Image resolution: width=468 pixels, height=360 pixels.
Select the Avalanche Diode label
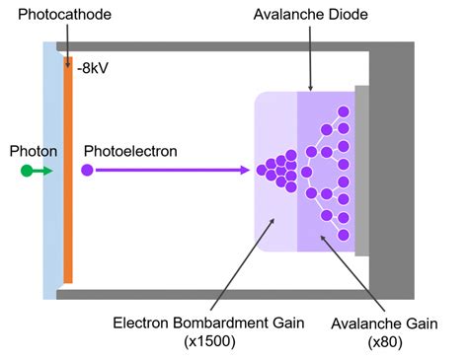click(310, 17)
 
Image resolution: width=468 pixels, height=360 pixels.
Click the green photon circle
click(27, 171)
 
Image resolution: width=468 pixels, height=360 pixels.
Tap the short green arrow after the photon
click(44, 171)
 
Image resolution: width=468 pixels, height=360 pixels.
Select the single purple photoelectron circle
click(87, 171)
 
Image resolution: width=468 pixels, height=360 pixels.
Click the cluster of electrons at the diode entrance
click(278, 170)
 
